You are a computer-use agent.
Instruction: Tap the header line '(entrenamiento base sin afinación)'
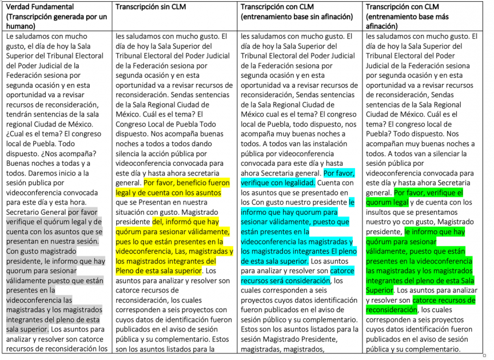pyautogui.click(x=297, y=17)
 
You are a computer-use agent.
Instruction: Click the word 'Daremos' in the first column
pyautogui.click(x=35, y=173)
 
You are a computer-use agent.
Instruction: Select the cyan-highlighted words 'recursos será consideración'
pyautogui.click(x=285, y=280)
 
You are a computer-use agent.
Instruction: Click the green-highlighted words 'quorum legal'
pyautogui.click(x=387, y=202)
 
